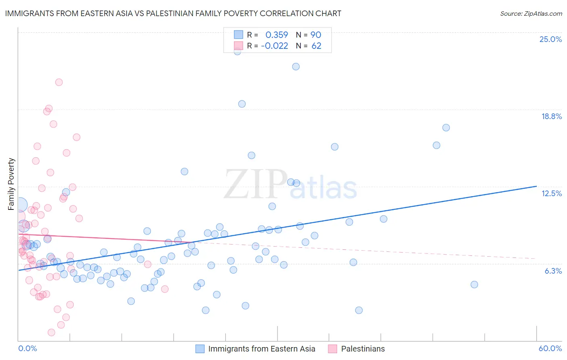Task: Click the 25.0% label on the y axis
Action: click(x=550, y=39)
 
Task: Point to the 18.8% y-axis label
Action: click(x=551, y=116)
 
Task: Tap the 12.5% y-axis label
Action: click(x=551, y=193)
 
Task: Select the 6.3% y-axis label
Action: click(x=553, y=271)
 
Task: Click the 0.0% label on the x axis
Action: click(x=27, y=348)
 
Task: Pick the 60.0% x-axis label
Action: click(x=550, y=348)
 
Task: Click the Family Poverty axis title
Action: click(x=11, y=184)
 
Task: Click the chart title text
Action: click(x=173, y=13)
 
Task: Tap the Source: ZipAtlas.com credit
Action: click(x=531, y=13)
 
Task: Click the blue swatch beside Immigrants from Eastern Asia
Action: click(x=200, y=349)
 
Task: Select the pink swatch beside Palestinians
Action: click(x=332, y=349)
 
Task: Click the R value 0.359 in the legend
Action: click(x=277, y=35)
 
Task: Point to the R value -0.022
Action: click(x=275, y=46)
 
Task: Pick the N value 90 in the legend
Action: click(x=316, y=35)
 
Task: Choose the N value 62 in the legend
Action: click(x=316, y=46)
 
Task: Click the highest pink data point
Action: click(x=59, y=82)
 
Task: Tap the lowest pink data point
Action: click(x=51, y=333)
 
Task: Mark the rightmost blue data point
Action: click(x=474, y=285)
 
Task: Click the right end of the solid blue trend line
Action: click(x=536, y=186)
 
